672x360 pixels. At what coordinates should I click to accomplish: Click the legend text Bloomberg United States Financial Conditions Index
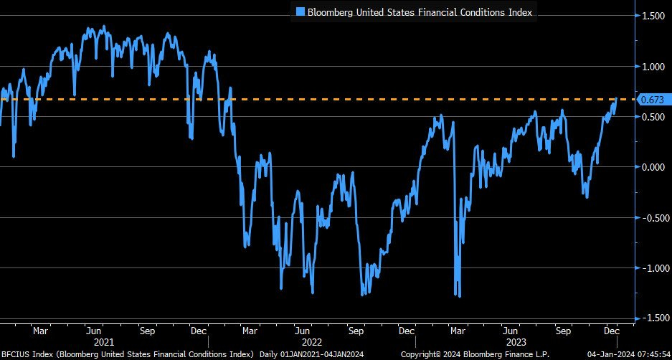click(419, 12)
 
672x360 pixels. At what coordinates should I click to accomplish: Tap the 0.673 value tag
click(651, 99)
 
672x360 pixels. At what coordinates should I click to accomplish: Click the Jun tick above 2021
click(94, 331)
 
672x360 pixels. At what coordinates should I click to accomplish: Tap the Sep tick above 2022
click(356, 331)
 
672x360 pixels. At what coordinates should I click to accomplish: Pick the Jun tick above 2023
click(511, 331)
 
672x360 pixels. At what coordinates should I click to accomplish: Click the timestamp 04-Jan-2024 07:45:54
click(628, 354)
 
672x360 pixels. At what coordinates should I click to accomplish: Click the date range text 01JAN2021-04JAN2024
click(326, 354)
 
